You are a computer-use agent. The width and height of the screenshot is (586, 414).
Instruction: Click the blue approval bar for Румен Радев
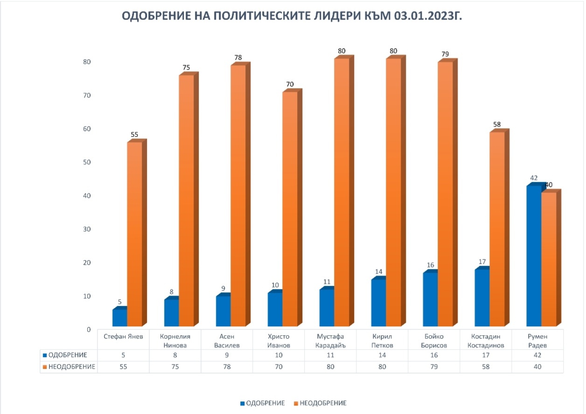pos(533,256)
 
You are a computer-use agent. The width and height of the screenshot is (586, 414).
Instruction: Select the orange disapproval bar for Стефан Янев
pos(134,233)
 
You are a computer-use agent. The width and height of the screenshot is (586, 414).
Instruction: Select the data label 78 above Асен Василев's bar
pos(238,58)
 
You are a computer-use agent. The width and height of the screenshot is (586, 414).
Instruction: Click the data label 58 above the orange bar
pos(497,125)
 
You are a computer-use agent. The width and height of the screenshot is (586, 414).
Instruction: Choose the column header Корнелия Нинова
pos(175,340)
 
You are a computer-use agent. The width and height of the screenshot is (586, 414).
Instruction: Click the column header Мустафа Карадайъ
pos(330,340)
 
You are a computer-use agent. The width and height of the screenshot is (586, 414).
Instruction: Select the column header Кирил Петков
pos(382,340)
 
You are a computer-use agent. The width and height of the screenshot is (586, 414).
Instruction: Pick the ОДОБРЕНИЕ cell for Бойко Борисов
pos(434,355)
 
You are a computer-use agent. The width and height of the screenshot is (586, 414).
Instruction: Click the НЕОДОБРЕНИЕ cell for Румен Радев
pos(537,367)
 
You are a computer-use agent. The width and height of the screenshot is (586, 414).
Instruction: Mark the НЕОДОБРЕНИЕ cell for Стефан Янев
pos(123,367)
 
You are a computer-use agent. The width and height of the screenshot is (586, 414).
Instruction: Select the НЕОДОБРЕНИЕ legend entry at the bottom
pos(322,403)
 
